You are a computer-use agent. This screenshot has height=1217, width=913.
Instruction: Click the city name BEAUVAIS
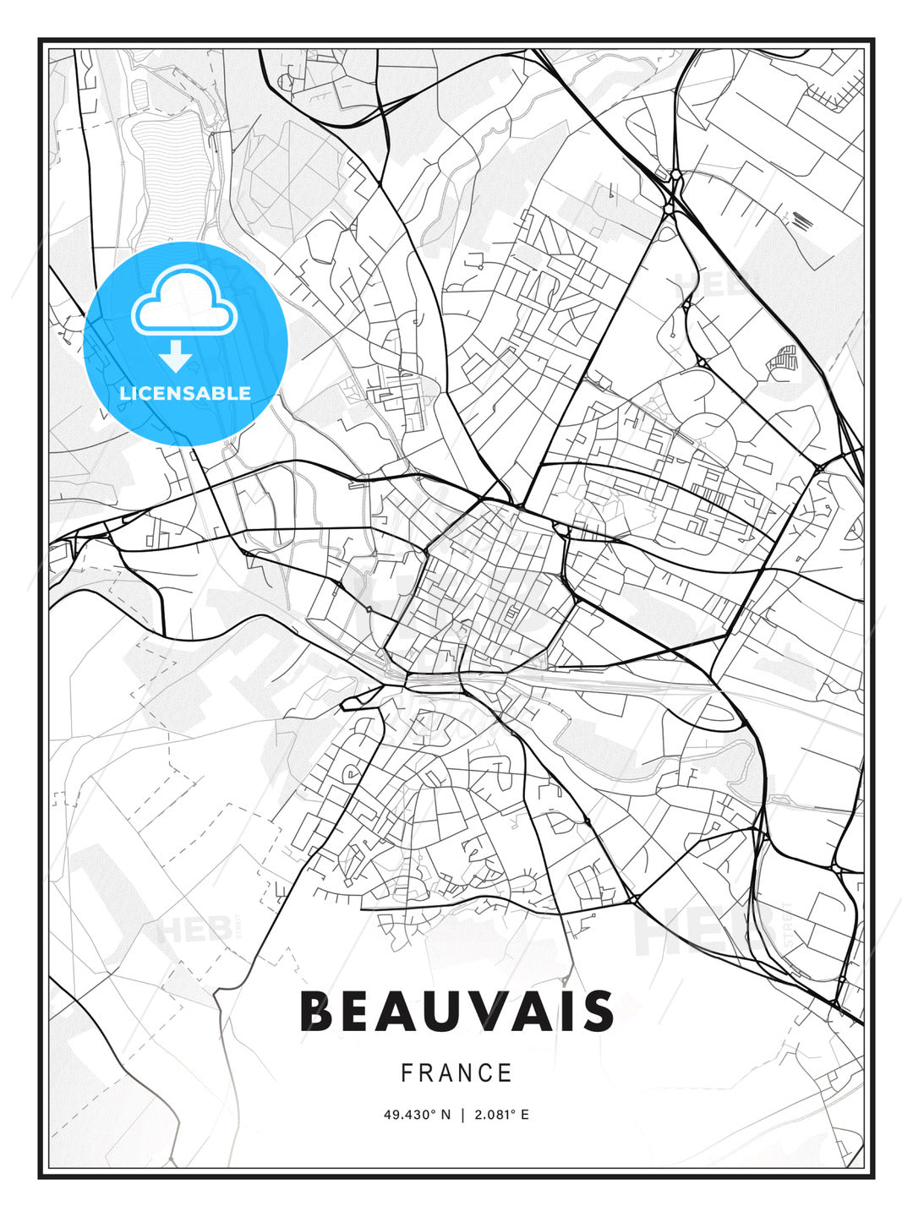tap(456, 1011)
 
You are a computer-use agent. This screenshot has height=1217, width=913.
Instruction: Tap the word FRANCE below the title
tap(456, 1073)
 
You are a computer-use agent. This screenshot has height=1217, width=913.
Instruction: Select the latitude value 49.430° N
tap(418, 1115)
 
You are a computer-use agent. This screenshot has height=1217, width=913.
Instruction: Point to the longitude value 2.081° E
tap(502, 1115)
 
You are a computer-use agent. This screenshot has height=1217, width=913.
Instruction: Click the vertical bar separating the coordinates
tap(462, 1115)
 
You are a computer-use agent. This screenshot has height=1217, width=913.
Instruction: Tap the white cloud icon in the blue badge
tap(183, 302)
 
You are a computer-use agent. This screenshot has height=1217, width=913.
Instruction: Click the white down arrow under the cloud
tap(176, 356)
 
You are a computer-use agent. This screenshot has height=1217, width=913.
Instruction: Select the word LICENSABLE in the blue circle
tap(185, 393)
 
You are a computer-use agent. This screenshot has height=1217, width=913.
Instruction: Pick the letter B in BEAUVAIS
tap(317, 1011)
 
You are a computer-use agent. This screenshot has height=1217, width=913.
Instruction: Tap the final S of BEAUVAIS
tap(598, 1011)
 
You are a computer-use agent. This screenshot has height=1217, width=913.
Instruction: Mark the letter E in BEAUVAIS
tap(358, 1011)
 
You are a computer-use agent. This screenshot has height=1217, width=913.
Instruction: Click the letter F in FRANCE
tap(407, 1073)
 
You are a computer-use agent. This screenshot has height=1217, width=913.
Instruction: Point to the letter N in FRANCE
tap(465, 1073)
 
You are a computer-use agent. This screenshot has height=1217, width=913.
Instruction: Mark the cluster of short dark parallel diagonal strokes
tap(802, 221)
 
